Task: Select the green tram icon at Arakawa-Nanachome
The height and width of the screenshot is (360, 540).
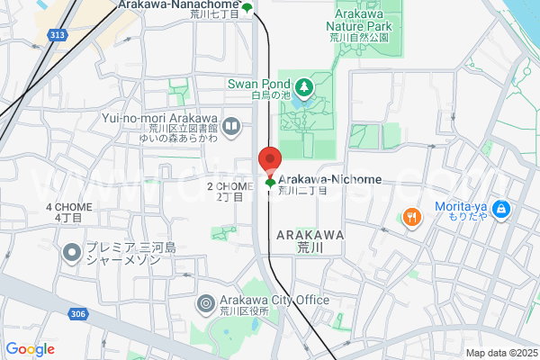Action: pyautogui.click(x=247, y=9)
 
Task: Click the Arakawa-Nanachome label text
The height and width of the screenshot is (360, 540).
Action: pyautogui.click(x=179, y=4)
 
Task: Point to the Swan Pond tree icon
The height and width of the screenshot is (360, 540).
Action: pyautogui.click(x=304, y=86)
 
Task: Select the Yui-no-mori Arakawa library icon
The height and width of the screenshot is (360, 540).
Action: pyautogui.click(x=231, y=126)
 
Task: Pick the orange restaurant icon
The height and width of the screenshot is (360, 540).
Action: pyautogui.click(x=411, y=216)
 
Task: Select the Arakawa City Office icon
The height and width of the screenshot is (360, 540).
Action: pyautogui.click(x=205, y=303)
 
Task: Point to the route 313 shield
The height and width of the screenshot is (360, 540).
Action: pyautogui.click(x=58, y=34)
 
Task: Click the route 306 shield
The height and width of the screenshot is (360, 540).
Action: pyautogui.click(x=76, y=314)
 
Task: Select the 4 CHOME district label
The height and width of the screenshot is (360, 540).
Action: pyautogui.click(x=64, y=207)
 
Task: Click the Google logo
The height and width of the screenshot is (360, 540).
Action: pyautogui.click(x=30, y=349)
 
